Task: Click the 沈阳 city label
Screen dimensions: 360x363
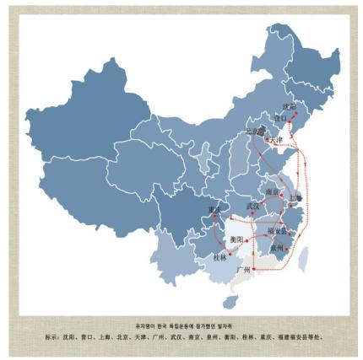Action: coord(289,107)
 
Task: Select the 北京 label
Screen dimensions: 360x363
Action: coord(253,132)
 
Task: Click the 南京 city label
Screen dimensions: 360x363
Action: coord(272,191)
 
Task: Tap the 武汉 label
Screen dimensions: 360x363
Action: coord(253,205)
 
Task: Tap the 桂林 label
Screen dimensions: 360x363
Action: coord(220,255)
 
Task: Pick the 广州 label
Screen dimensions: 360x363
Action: coord(244,270)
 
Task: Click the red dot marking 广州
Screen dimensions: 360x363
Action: coord(252,267)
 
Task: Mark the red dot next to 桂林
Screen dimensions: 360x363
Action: coord(229,251)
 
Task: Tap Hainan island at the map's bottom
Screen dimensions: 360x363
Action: coord(229,300)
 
